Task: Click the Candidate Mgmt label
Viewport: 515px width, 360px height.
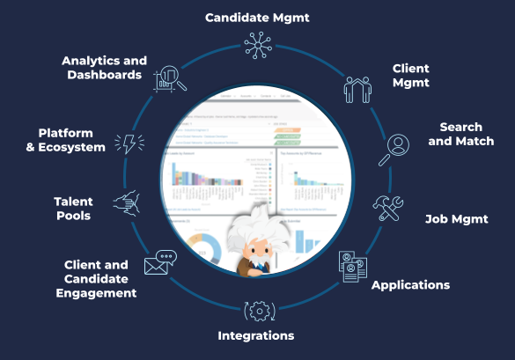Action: click(x=256, y=16)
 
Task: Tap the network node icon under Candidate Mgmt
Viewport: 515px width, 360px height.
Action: click(x=257, y=46)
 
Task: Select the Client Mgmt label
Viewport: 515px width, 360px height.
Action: click(x=410, y=74)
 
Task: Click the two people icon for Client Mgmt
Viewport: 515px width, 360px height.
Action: click(x=357, y=88)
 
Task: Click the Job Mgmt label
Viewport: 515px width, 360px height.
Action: click(x=457, y=218)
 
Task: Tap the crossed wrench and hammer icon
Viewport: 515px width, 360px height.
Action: click(x=388, y=209)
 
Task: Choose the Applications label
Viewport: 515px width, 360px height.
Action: click(x=410, y=285)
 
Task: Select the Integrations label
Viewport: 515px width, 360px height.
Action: click(x=256, y=335)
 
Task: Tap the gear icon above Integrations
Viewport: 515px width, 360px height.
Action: click(x=256, y=310)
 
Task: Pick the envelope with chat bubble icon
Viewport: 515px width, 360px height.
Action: click(x=161, y=262)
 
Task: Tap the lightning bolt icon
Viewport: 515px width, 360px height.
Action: click(x=129, y=143)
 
